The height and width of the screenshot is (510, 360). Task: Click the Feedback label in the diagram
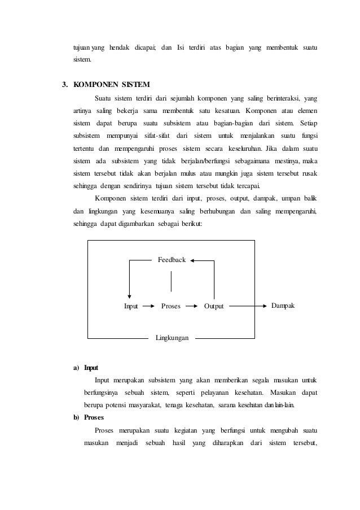click(172, 260)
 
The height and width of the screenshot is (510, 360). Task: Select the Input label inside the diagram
click(131, 307)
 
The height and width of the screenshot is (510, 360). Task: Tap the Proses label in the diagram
click(171, 307)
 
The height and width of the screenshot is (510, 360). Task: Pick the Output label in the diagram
click(214, 307)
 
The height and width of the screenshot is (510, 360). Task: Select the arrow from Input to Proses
click(148, 307)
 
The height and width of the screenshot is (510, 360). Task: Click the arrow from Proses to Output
click(192, 307)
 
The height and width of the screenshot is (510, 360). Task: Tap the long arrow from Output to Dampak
click(248, 306)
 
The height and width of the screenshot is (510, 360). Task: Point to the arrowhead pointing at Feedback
click(192, 260)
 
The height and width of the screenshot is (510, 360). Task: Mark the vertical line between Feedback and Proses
click(171, 282)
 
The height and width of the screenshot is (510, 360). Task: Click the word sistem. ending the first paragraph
click(82, 59)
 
